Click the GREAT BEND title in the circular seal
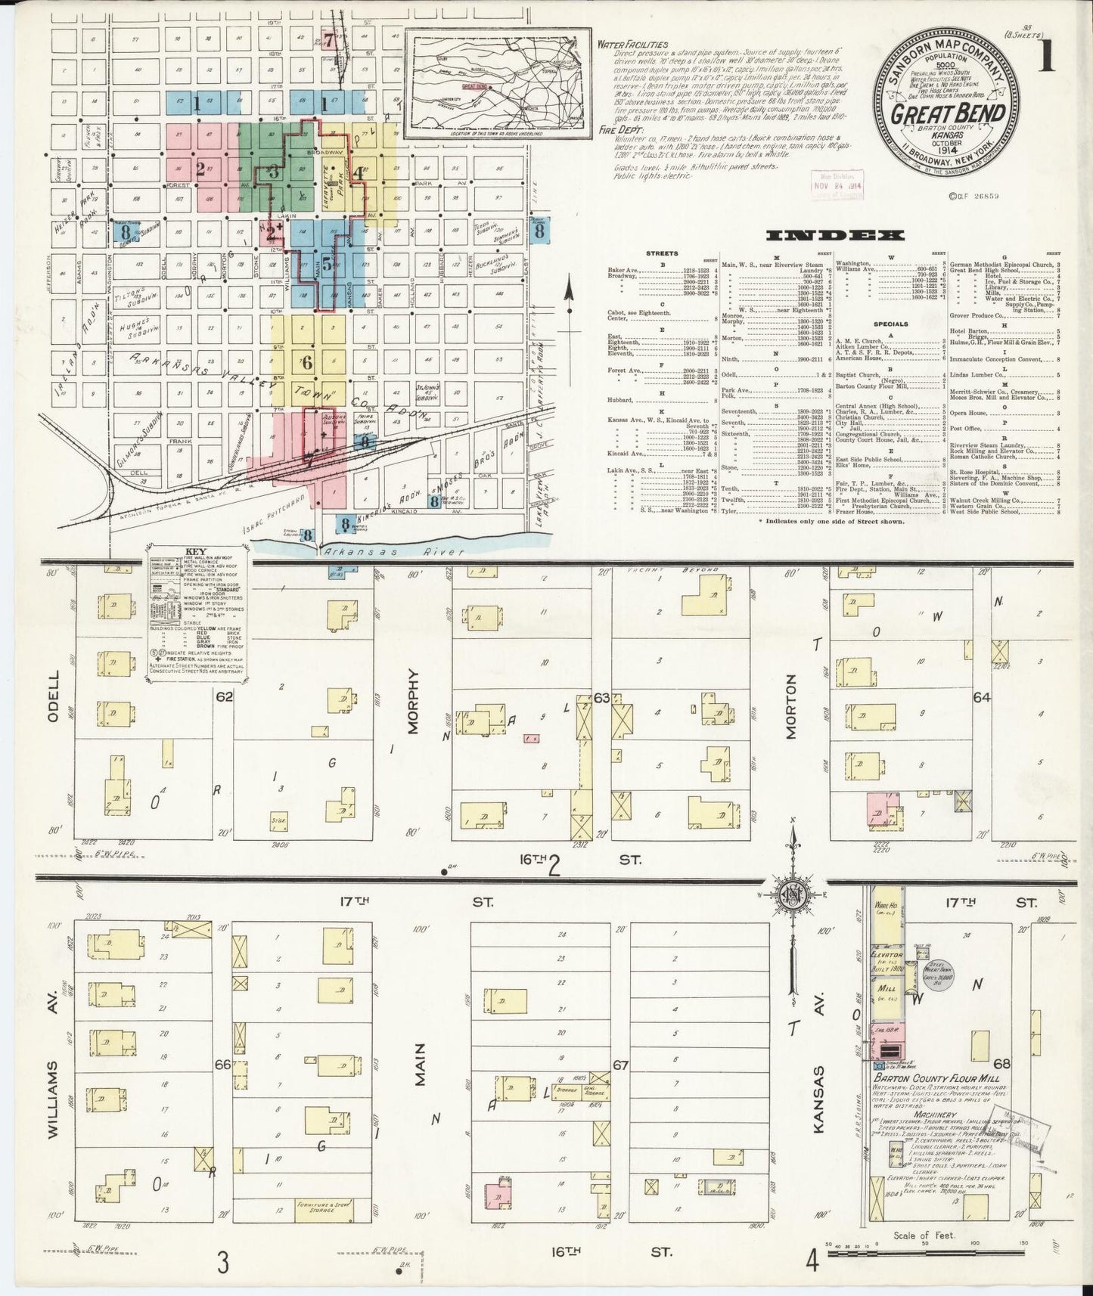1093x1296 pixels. [948, 113]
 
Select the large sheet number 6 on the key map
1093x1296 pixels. [306, 363]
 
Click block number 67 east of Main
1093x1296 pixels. [621, 1066]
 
